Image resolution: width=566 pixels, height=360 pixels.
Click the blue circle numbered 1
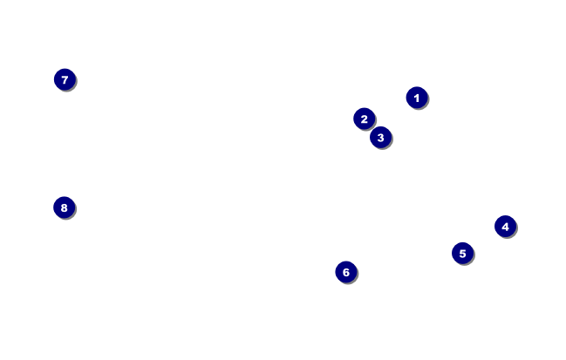417,98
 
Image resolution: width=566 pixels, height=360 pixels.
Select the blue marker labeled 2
365,119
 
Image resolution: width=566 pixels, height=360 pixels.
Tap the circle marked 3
380,137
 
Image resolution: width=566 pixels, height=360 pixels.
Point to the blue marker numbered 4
505,227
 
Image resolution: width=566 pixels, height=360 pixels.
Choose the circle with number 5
462,254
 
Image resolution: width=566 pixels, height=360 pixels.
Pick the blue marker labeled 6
346,272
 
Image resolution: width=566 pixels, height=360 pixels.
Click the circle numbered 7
65,79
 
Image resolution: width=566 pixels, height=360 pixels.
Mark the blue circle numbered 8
64,207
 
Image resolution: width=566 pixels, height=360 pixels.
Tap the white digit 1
417,98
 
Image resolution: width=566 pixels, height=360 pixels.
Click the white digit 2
365,119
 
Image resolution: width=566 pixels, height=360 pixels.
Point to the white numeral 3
380,137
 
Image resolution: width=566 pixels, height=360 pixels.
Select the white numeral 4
505,227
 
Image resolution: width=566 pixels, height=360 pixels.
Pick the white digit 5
462,254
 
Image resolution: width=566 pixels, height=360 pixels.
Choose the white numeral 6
346,272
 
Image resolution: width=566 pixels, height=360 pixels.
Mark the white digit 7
65,79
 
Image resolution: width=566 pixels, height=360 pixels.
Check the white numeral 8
64,207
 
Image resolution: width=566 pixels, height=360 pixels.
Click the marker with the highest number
64,207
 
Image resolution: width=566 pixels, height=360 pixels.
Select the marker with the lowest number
417,98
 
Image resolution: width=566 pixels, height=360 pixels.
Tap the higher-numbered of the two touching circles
380,137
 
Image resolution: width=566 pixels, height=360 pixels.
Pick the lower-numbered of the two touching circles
365,119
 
